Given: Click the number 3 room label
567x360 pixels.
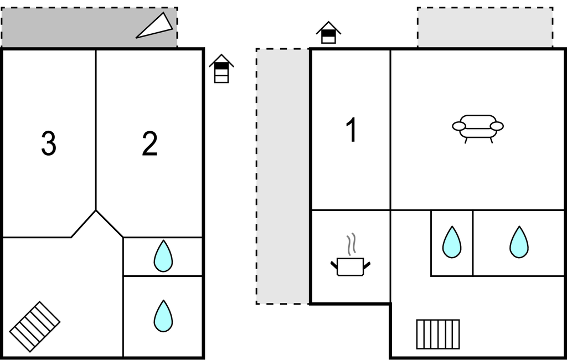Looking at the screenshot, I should [x=49, y=144].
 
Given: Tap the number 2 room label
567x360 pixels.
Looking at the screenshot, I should [x=150, y=144].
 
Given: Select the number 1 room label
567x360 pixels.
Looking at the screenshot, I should [x=351, y=131].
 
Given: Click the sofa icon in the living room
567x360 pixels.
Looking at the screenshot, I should [x=478, y=128].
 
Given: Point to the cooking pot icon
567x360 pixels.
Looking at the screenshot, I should [x=350, y=266].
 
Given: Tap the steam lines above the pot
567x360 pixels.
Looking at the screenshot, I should [x=351, y=244].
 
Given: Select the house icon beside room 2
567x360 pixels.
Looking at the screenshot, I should [x=221, y=69].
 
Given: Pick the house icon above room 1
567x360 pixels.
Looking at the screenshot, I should [x=328, y=33].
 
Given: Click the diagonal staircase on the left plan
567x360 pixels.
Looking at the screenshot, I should [x=35, y=326].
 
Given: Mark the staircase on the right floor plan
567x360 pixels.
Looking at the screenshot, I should [x=438, y=334].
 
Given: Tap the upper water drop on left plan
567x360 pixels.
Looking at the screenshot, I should [x=163, y=256].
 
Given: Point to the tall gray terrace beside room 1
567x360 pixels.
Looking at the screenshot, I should [x=282, y=176].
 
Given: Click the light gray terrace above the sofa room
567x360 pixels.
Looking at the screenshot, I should [x=485, y=27].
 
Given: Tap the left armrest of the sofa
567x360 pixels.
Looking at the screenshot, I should [x=459, y=126].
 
